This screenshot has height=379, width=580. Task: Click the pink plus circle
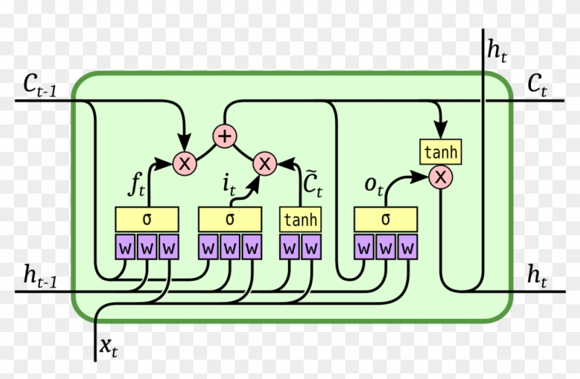pos(224,135)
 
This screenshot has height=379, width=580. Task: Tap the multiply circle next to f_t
pos(184,163)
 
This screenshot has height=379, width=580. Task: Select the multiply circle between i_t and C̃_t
pos(264,163)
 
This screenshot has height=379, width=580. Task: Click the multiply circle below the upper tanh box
pos(440,178)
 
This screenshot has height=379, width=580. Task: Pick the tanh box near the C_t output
pos(440,152)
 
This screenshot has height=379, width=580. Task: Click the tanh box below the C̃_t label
pos(301,220)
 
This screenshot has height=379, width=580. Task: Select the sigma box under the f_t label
pos(146,220)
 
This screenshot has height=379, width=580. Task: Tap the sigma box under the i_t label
pos(230,220)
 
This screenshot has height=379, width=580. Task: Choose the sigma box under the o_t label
pos(385,220)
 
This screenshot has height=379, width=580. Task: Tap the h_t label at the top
pos(496,50)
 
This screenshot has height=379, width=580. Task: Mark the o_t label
pos(373,186)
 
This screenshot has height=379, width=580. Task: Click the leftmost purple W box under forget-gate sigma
pos(125,247)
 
